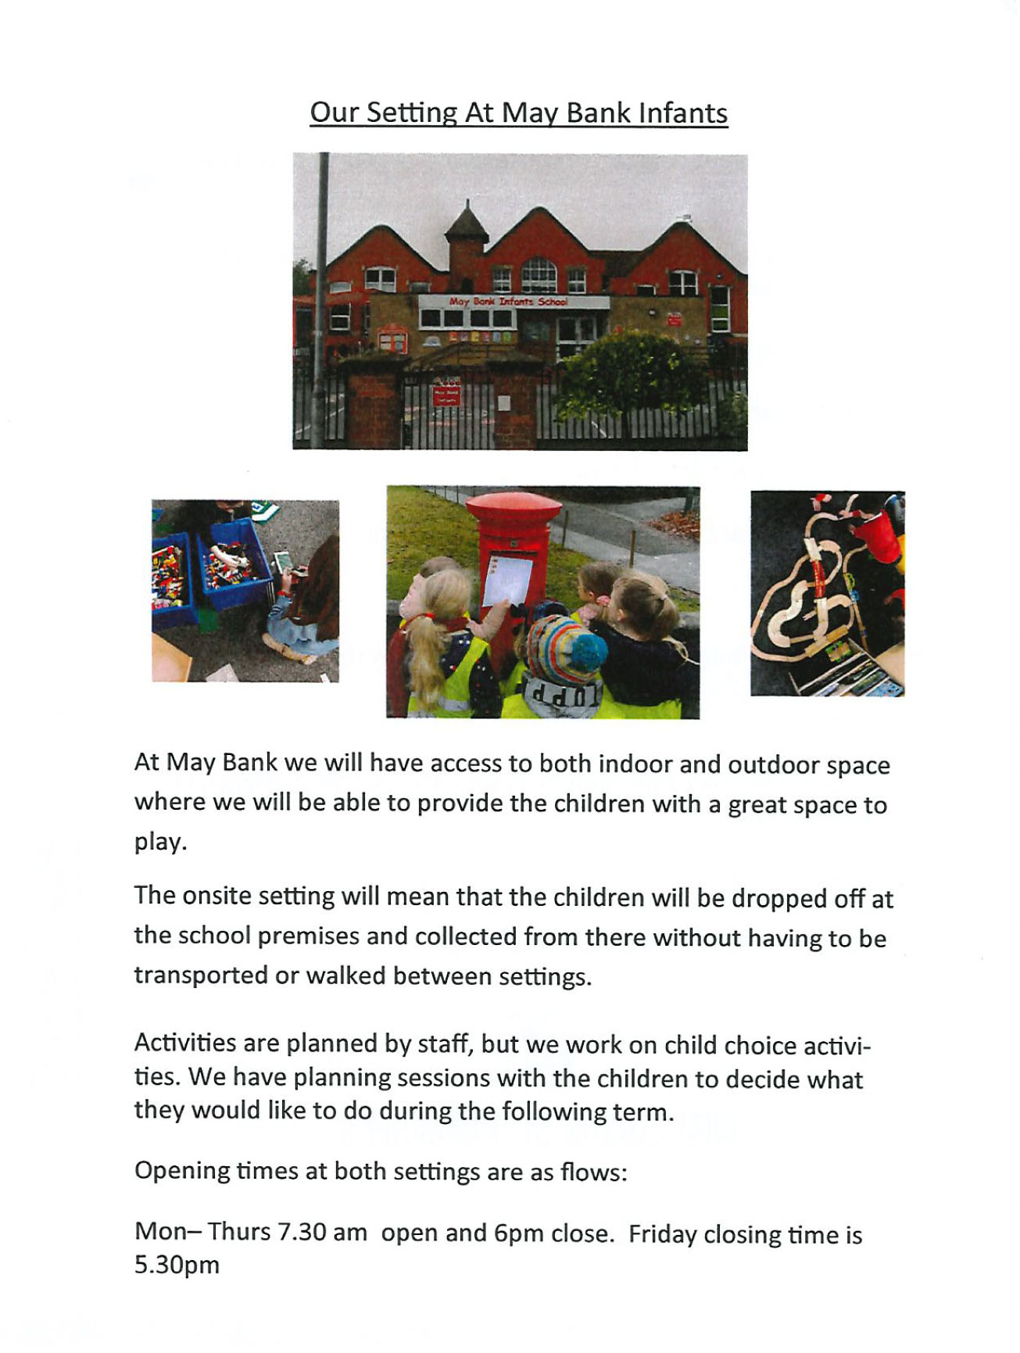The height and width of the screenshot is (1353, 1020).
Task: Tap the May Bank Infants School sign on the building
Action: [x=509, y=302]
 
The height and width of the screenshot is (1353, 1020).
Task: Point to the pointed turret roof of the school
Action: [x=467, y=222]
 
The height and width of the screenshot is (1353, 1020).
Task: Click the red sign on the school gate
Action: [x=446, y=393]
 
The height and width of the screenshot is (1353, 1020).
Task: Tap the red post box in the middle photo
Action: [x=513, y=547]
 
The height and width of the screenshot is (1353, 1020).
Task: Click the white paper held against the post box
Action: [x=506, y=579]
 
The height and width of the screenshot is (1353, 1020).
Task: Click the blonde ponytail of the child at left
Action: [x=427, y=664]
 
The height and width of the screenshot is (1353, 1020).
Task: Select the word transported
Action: [x=201, y=975]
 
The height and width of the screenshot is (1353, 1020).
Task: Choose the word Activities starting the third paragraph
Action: [x=184, y=1043]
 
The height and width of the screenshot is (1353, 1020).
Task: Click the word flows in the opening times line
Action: [x=591, y=1172]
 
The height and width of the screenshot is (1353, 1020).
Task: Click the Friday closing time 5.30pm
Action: [x=177, y=1265]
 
